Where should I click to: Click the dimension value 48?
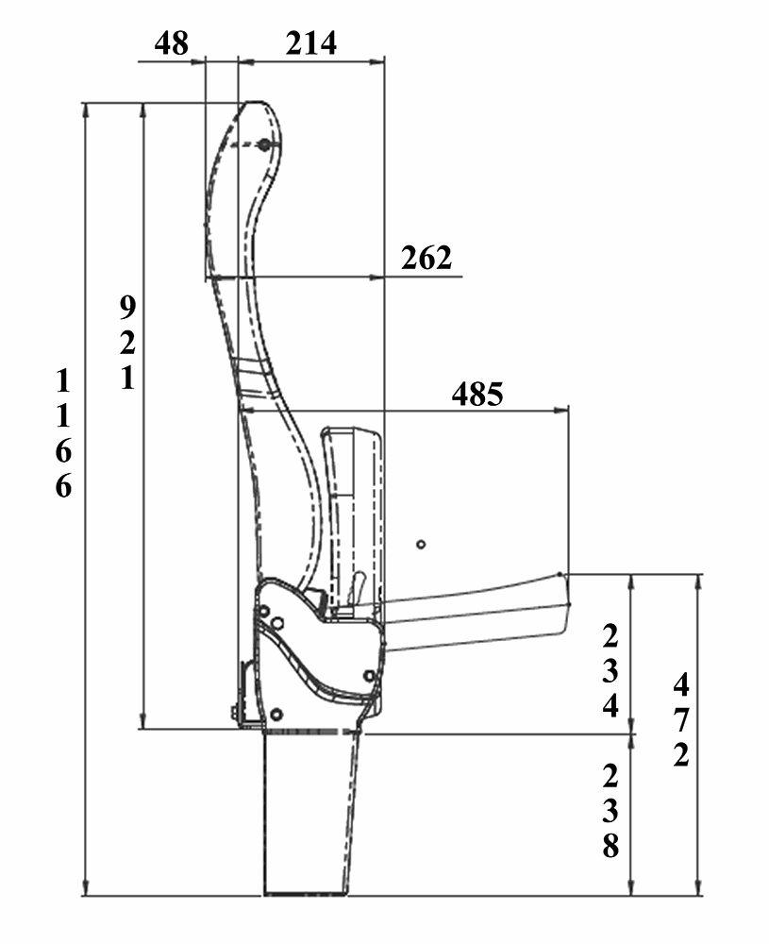[x=172, y=42]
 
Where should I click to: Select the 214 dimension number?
[x=310, y=42]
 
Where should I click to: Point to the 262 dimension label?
[x=426, y=258]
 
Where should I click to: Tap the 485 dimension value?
[x=477, y=394]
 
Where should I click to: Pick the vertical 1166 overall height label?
[x=63, y=433]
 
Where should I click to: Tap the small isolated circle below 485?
[x=421, y=544]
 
